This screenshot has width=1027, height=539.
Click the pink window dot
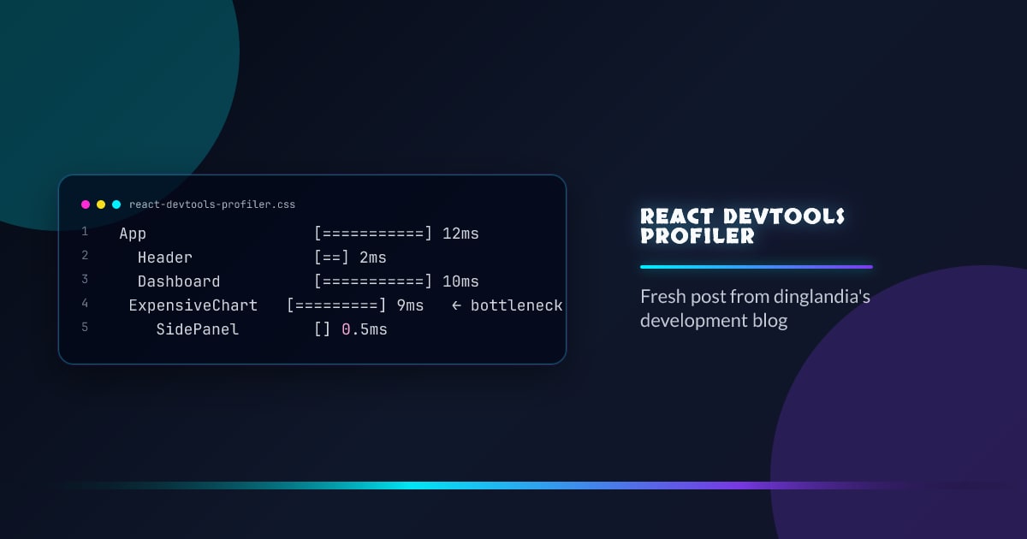(x=86, y=204)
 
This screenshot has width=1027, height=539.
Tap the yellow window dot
(x=101, y=204)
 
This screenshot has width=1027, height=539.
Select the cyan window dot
(x=116, y=204)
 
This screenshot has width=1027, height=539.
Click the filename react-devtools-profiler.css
(x=212, y=204)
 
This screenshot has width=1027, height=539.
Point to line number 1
(x=85, y=232)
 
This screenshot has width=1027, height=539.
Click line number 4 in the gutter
(x=85, y=304)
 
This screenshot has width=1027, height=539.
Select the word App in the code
(x=133, y=234)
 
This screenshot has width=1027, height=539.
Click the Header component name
(x=165, y=258)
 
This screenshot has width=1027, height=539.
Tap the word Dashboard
(x=179, y=281)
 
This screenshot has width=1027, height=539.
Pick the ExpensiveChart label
(x=193, y=305)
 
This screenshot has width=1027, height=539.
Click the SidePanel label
(x=197, y=329)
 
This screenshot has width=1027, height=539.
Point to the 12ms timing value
(x=460, y=234)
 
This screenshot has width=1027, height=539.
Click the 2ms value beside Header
(x=373, y=258)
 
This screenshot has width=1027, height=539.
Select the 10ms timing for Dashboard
(x=460, y=281)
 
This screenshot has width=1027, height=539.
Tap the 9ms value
(x=410, y=305)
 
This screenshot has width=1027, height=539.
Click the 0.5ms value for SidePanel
(x=365, y=329)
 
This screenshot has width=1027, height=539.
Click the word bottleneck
(x=516, y=305)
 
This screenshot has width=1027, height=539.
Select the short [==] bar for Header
(x=332, y=258)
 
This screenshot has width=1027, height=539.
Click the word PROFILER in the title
(x=698, y=235)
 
